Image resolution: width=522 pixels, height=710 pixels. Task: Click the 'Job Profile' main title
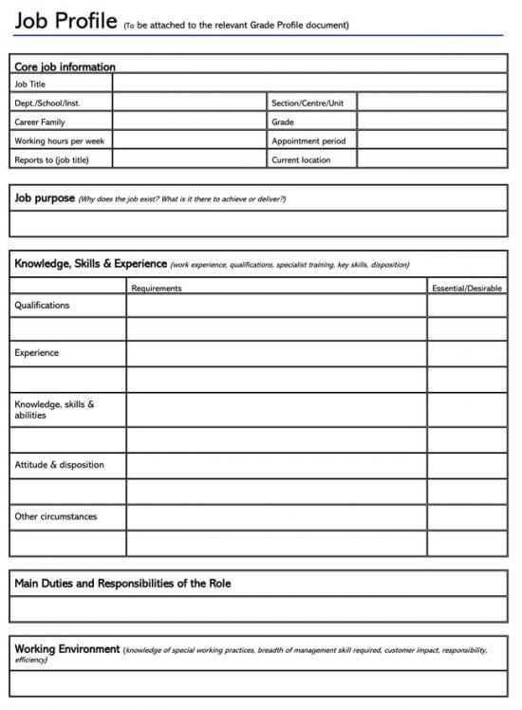pos(65,21)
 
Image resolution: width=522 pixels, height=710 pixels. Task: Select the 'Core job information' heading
pos(65,67)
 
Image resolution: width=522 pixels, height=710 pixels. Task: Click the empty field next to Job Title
pos(309,84)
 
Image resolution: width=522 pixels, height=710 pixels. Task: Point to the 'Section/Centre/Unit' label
pos(308,103)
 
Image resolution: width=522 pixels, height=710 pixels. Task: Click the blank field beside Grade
pos(432,121)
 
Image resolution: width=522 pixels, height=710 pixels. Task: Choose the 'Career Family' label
pos(40,121)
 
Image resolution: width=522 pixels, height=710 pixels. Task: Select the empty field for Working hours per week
pos(190,140)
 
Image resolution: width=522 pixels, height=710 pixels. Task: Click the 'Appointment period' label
pos(308,140)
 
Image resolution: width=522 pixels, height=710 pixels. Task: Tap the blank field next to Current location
pos(432,159)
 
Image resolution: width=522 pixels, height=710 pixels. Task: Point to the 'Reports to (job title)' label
pos(51,159)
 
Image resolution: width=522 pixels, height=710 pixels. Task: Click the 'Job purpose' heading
pos(45,198)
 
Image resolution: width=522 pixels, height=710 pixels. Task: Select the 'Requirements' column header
pos(157,288)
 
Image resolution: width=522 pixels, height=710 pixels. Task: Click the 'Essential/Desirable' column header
pos(467,288)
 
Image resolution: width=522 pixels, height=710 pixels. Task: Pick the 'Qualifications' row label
pos(42,306)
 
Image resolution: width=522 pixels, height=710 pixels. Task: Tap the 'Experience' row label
pos(36,353)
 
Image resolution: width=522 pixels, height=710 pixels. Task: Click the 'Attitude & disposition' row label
pos(59,465)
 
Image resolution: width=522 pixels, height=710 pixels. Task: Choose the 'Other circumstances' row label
pos(55,517)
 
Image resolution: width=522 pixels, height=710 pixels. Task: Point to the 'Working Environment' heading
pos(67,649)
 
